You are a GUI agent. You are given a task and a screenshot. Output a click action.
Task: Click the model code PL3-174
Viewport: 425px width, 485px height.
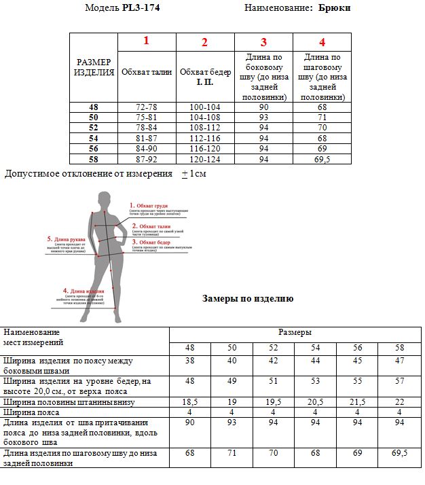(x=141, y=8)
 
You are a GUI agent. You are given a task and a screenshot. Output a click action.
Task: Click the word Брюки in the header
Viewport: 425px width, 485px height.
(x=335, y=8)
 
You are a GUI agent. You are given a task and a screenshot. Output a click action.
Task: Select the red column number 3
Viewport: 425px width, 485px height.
(x=263, y=42)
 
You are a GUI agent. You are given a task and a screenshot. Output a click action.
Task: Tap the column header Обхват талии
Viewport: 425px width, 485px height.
(x=147, y=72)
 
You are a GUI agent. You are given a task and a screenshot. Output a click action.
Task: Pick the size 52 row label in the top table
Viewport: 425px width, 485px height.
(x=94, y=127)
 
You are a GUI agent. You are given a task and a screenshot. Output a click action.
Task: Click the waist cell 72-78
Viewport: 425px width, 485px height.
(x=147, y=107)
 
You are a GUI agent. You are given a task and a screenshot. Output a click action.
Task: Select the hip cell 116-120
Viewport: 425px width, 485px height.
(x=204, y=148)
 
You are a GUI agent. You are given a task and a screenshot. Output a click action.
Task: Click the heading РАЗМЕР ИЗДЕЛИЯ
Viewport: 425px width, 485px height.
(x=94, y=67)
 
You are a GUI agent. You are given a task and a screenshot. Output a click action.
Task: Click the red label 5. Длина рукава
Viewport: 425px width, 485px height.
(x=66, y=238)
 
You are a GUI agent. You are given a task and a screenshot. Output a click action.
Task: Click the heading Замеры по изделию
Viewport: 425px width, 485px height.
(x=248, y=298)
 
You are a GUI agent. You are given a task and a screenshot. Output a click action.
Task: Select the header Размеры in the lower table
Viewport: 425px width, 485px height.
(x=295, y=333)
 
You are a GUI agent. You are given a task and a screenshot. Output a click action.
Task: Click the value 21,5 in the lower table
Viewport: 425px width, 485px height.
(x=358, y=402)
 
